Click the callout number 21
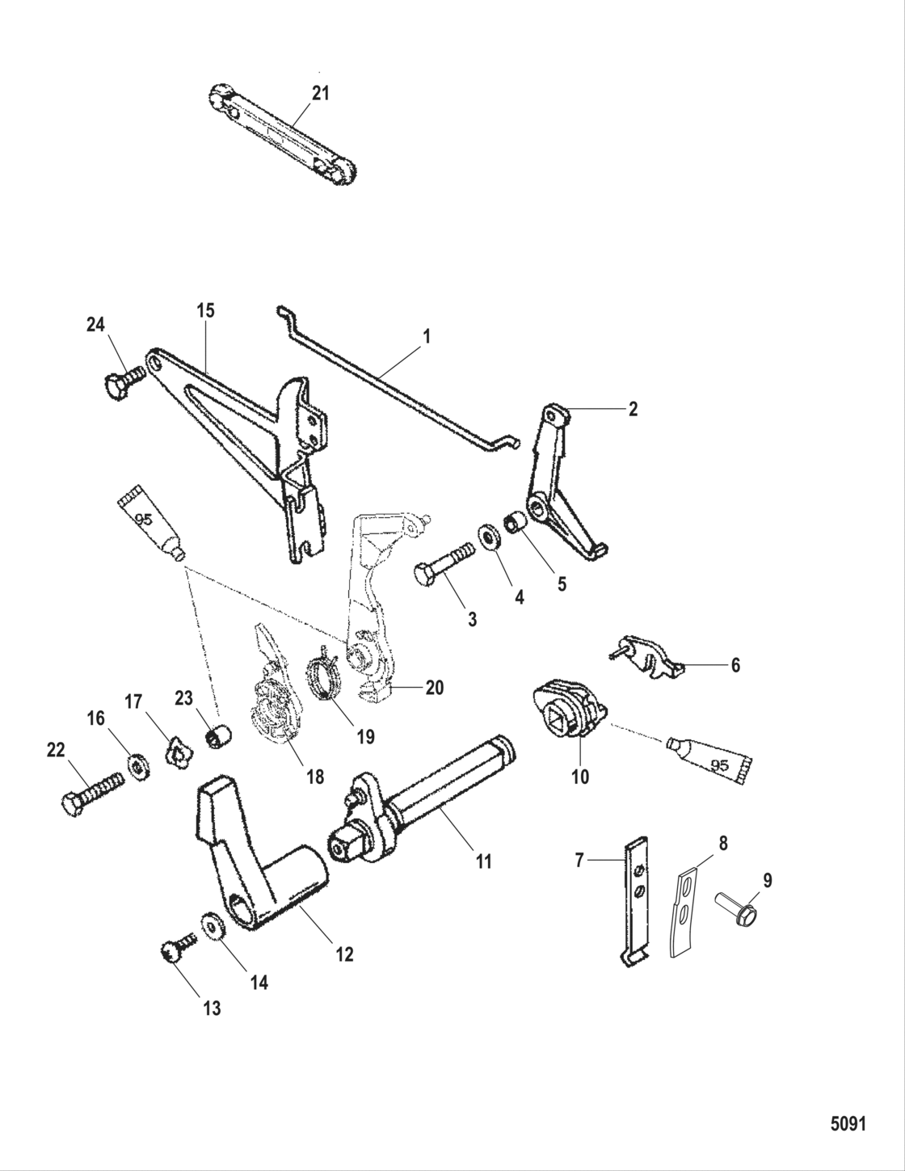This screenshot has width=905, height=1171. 321,94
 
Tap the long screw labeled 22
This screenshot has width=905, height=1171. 92,792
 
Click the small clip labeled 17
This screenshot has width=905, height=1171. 177,752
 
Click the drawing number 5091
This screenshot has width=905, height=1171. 848,1124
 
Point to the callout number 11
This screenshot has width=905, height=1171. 483,862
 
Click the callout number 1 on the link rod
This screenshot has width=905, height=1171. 427,335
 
